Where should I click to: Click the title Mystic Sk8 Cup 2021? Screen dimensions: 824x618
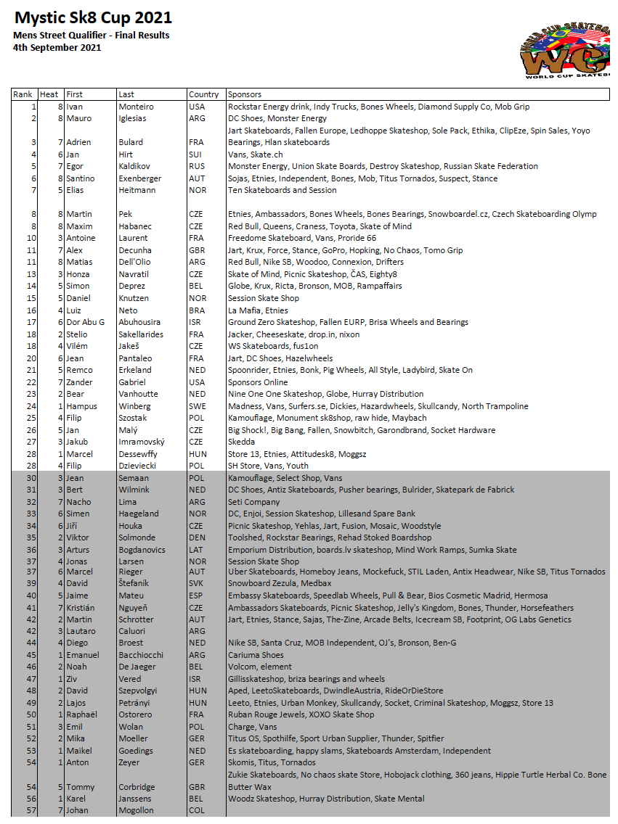(x=93, y=17)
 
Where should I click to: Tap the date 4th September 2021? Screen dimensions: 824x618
(x=57, y=48)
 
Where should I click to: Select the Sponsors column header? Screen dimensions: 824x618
(x=245, y=94)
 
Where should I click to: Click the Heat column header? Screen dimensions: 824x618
(x=49, y=94)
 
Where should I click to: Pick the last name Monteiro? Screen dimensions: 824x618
(x=137, y=107)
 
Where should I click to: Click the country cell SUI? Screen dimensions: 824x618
(x=196, y=154)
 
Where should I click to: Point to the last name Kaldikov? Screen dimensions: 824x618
(x=134, y=166)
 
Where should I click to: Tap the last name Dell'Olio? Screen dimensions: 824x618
(x=135, y=262)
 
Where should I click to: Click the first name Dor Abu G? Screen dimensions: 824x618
(x=86, y=322)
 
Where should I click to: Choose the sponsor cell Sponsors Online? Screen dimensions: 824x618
(x=258, y=382)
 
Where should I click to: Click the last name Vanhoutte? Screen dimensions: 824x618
(x=138, y=394)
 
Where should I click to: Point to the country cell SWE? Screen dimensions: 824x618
(x=197, y=406)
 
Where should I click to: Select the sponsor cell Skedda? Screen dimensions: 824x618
(x=242, y=442)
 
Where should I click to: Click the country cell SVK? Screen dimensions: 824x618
(x=196, y=583)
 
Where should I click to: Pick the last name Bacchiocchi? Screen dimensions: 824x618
(x=141, y=655)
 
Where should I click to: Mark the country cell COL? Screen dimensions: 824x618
(x=196, y=810)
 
